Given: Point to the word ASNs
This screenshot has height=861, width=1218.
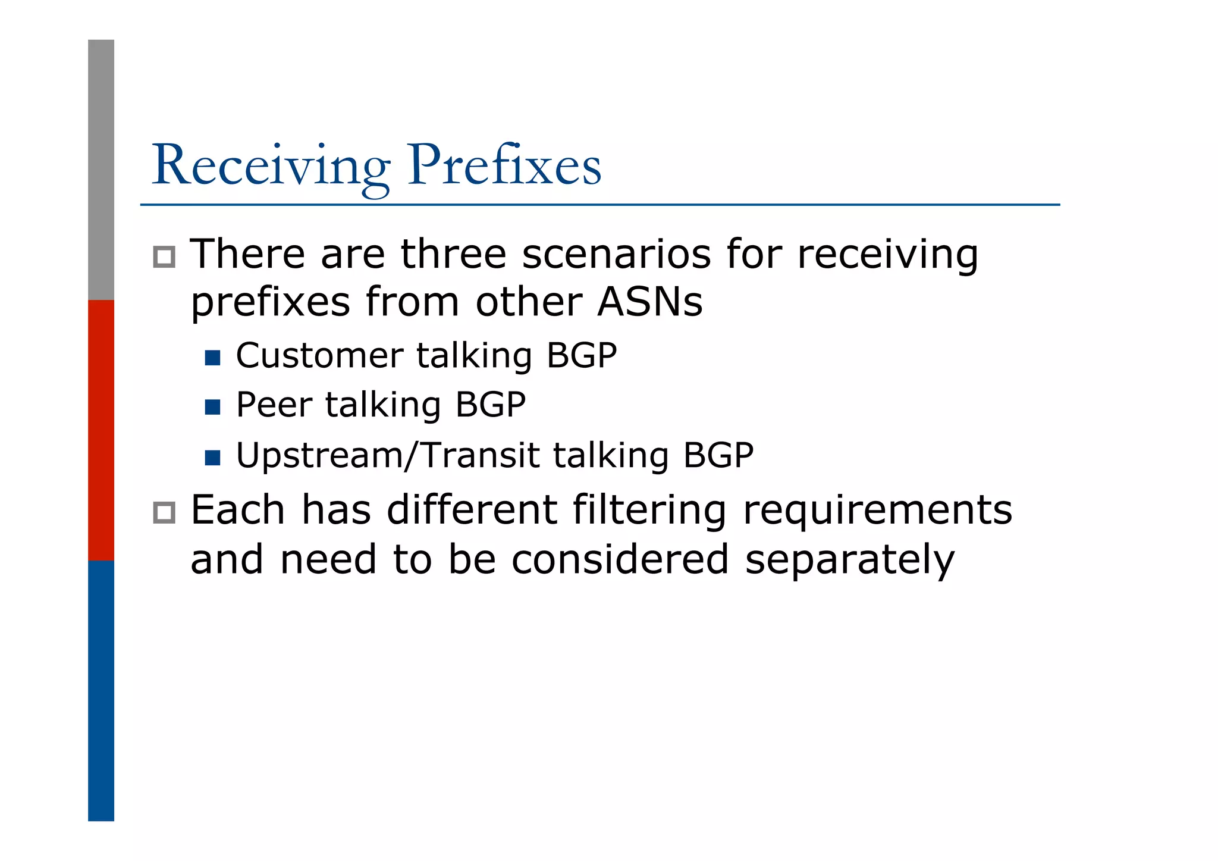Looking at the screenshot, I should point(649,302).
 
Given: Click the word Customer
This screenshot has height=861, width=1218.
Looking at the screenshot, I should point(319,356).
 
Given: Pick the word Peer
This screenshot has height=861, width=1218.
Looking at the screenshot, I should point(274,405).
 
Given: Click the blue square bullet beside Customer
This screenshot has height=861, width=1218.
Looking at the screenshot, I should point(212,358).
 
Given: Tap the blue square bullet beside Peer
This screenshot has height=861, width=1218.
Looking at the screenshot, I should point(212,407).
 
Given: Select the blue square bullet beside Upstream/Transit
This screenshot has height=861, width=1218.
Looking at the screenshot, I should point(212,458).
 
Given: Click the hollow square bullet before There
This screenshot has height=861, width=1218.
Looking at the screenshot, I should point(164,256).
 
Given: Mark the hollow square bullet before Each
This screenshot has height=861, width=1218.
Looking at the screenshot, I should point(164,512).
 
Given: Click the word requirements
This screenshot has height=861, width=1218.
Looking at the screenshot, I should point(877,511).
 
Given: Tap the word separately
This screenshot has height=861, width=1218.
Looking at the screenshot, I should point(849,561).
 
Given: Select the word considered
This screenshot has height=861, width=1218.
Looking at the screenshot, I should point(620,559).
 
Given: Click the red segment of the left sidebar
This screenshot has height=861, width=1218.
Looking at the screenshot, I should point(101,430).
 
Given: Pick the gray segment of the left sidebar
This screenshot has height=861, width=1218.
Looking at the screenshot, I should point(101,170).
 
